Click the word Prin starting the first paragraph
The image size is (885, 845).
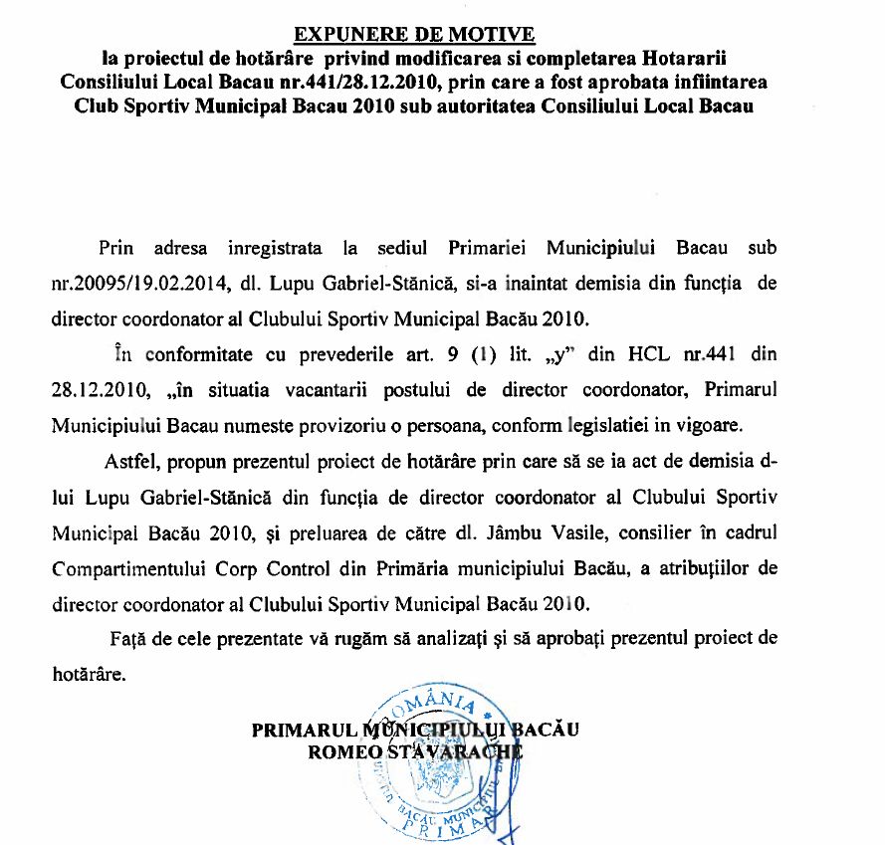pos(115,246)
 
